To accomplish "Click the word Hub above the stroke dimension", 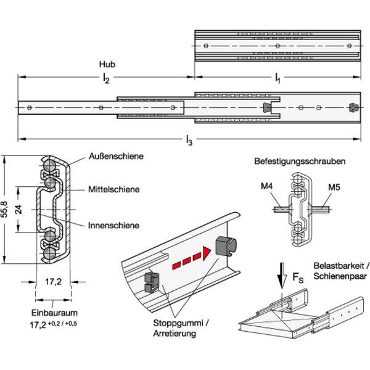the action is (x=107, y=64).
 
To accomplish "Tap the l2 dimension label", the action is (x=106, y=78).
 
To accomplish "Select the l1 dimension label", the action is (x=277, y=78).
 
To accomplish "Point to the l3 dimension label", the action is (x=189, y=140).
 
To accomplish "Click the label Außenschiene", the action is (x=116, y=156).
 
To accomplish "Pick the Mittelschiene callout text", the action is (x=114, y=189).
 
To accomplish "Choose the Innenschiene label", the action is (x=113, y=225).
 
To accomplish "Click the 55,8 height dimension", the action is (x=4, y=209).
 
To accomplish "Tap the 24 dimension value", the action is (x=18, y=210).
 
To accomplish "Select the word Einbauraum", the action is (x=54, y=313).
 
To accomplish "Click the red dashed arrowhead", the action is (x=207, y=253).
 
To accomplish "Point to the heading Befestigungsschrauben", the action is (x=300, y=162).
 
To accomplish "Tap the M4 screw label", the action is (x=266, y=186).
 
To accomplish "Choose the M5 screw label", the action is (x=334, y=187).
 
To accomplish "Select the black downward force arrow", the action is (x=282, y=276).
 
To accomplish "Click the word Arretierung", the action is (x=175, y=334).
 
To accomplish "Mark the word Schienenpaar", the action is (x=340, y=276).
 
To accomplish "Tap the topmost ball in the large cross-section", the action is (x=49, y=165).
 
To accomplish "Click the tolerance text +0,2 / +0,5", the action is (x=62, y=323).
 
